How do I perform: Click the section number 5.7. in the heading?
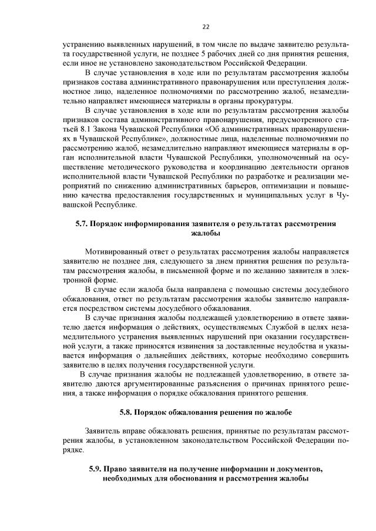click(x=83, y=224)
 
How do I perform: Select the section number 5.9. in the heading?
click(x=95, y=469)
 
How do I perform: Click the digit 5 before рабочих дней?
click(x=185, y=53)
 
